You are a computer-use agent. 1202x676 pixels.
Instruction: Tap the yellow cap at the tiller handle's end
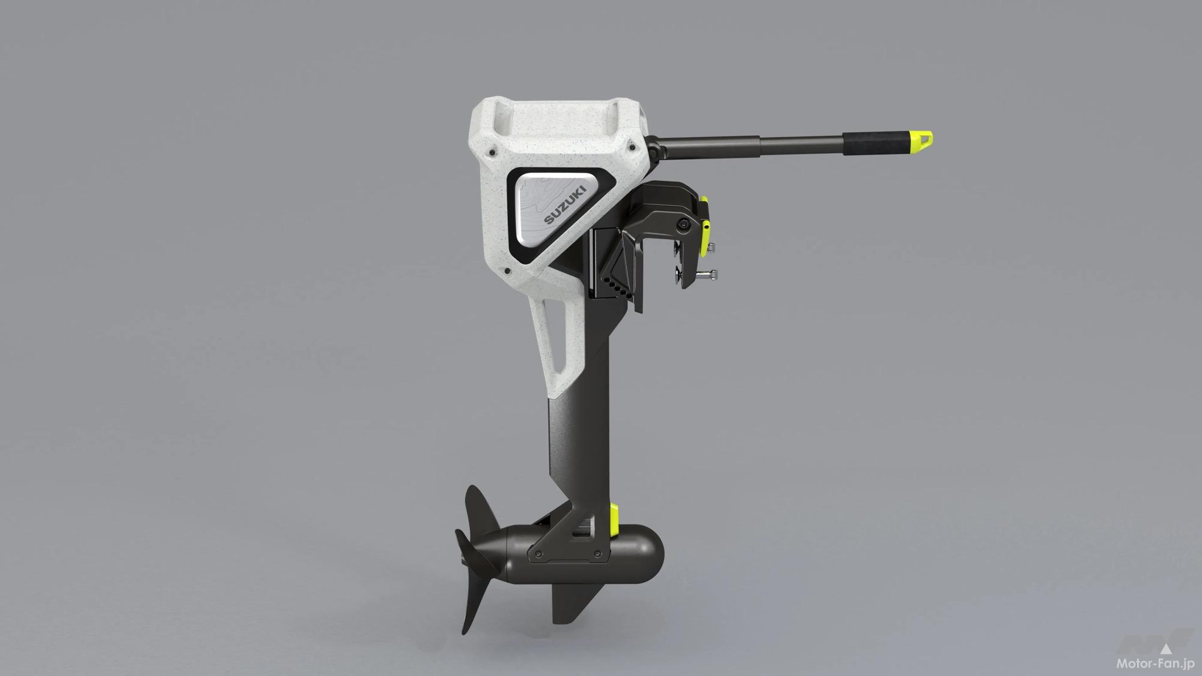click(923, 139)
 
